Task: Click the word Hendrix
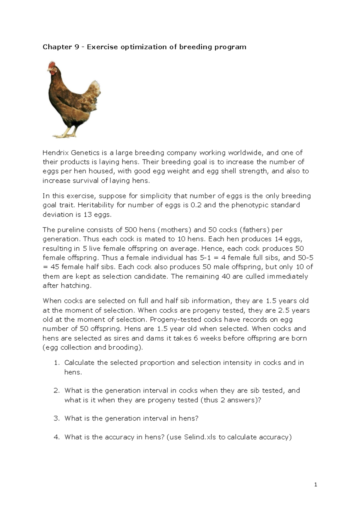55,153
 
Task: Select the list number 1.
56,363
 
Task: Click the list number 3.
56,418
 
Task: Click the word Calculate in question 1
79,363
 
